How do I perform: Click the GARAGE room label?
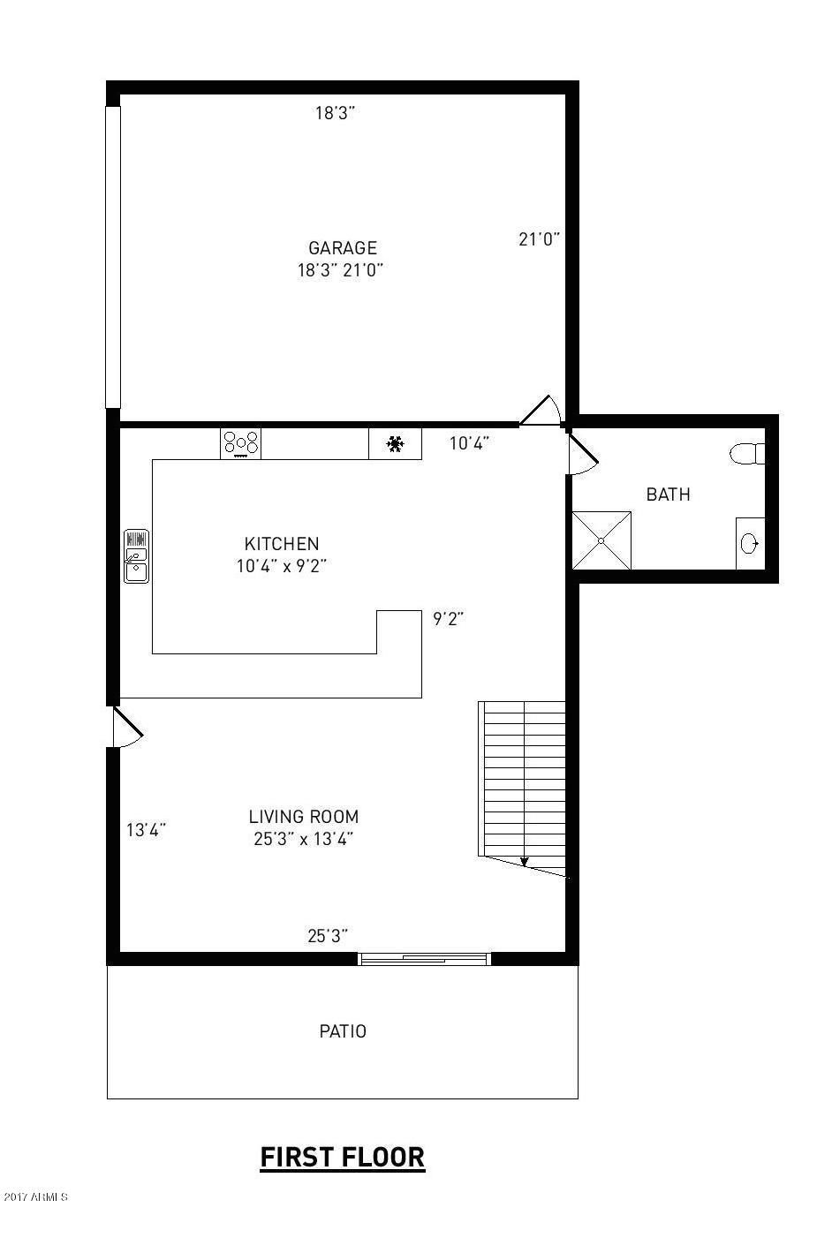342,248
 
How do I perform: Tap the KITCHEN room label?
282,544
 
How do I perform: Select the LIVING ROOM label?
303,817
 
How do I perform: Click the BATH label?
668,494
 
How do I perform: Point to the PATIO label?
343,1030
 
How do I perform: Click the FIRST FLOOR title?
342,1157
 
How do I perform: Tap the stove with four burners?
240,443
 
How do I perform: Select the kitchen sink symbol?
136,556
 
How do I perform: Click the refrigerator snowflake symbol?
395,443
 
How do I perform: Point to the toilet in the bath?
749,454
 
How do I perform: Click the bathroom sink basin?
750,543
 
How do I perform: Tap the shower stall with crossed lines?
601,540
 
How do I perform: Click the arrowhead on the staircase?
524,862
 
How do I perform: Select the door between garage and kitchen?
541,412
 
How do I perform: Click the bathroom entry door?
581,455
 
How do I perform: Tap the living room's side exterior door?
126,727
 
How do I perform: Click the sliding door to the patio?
425,959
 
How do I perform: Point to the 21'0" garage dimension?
539,238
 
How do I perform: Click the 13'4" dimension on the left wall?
146,830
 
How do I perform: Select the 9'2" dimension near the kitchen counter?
448,619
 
